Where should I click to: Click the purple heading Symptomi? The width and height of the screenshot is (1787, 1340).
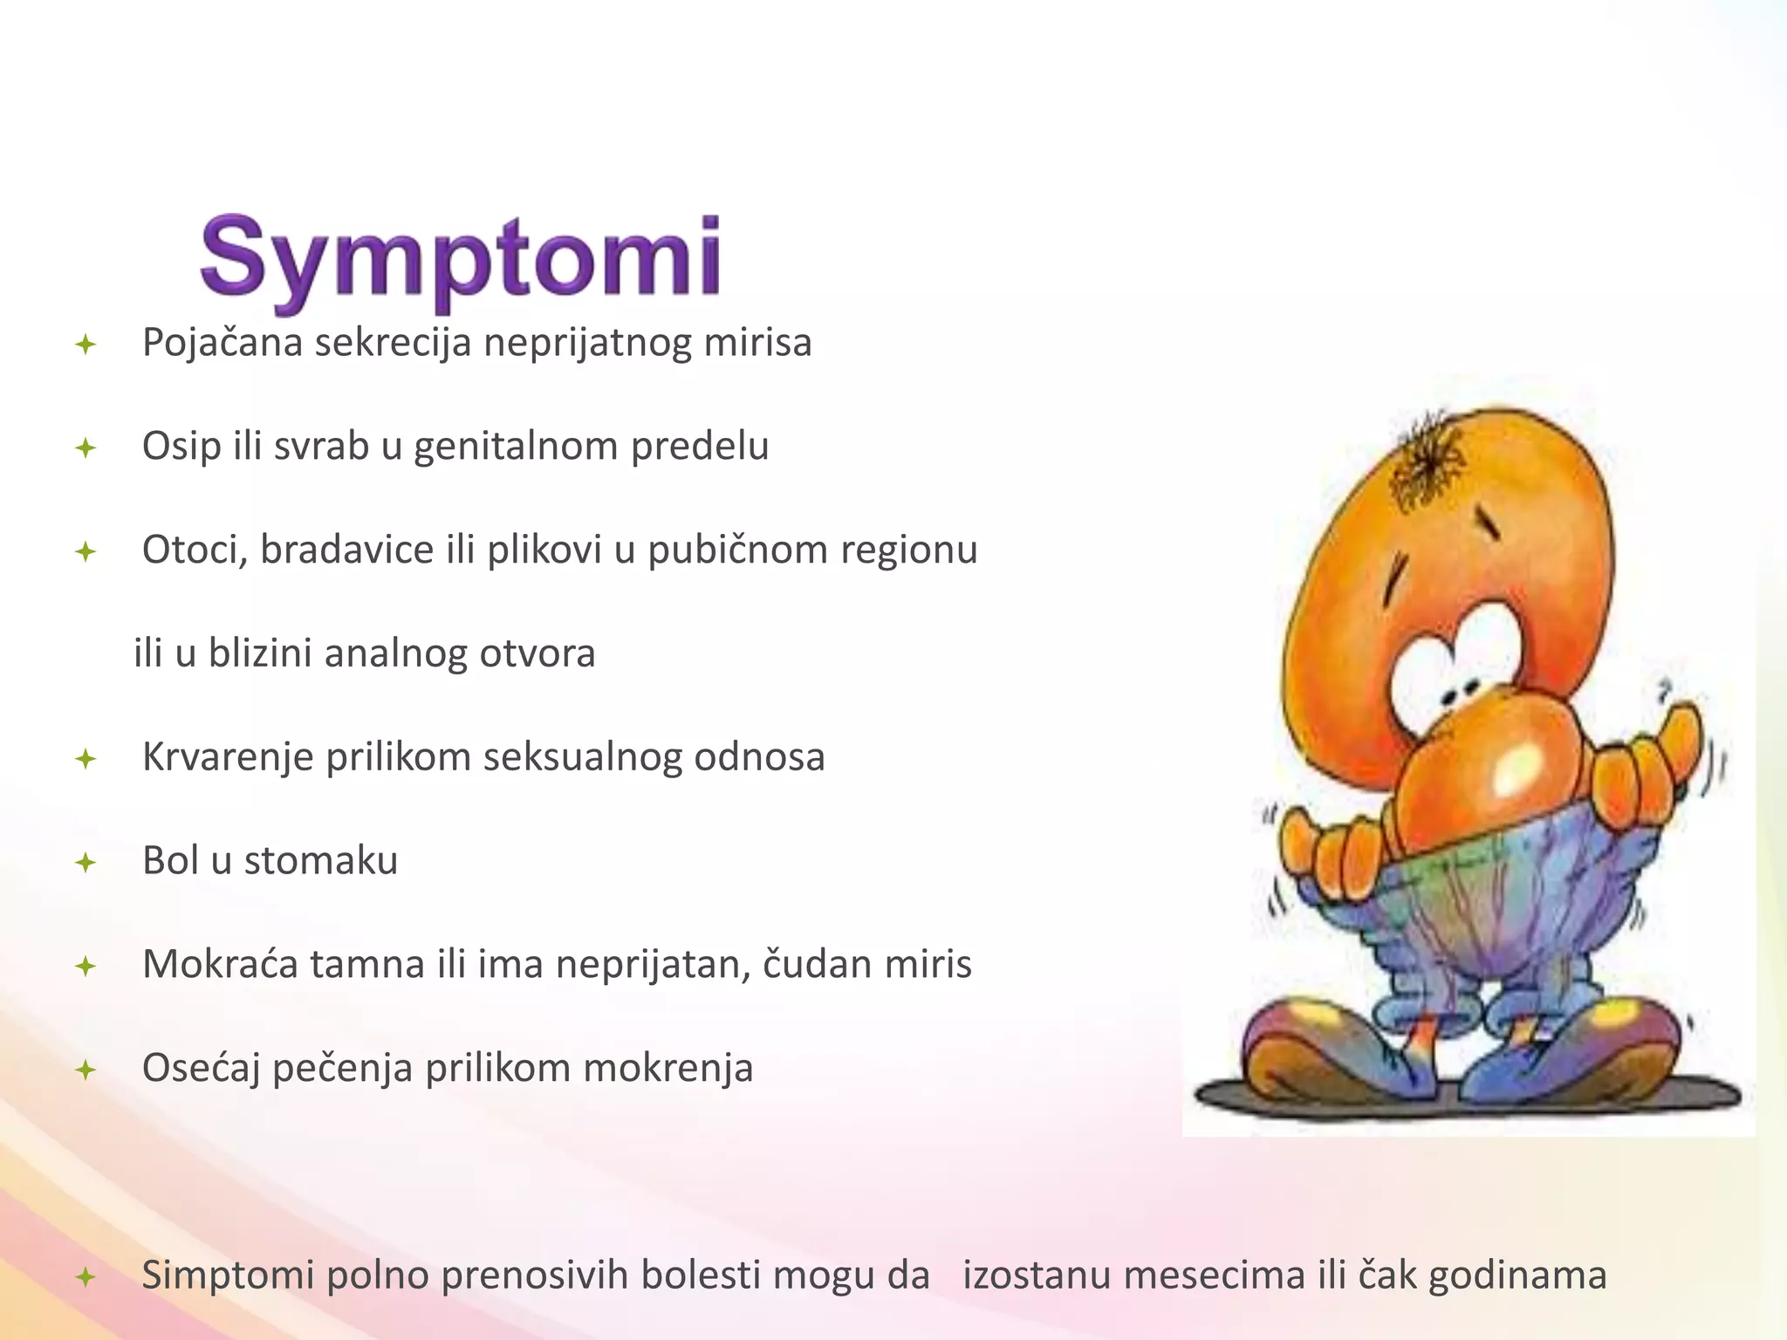pos(461,259)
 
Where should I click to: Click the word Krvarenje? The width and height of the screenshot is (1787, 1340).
pos(228,757)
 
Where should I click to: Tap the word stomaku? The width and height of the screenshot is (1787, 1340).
pos(321,861)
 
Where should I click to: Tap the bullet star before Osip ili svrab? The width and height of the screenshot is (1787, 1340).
pos(86,449)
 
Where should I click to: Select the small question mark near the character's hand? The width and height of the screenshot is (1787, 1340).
pos(1663,690)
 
